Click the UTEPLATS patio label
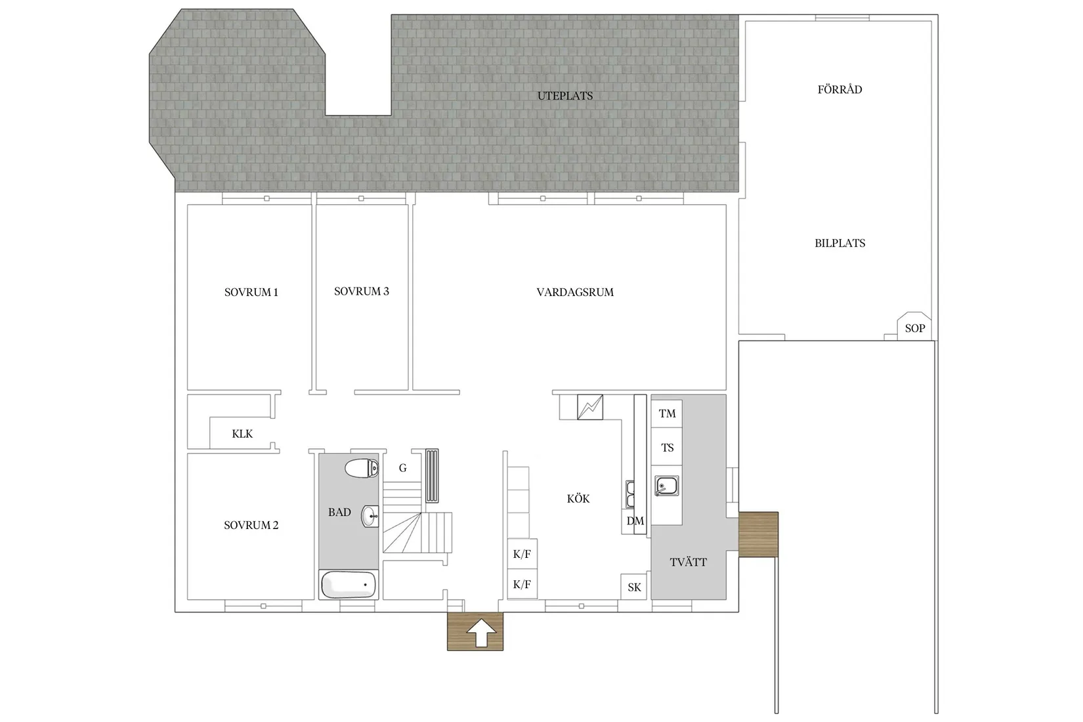coord(564,96)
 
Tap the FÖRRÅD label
coord(839,89)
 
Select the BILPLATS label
coord(839,244)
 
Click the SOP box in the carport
coord(914,326)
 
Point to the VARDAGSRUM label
coord(575,292)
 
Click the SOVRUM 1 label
coord(251,292)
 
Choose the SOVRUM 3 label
coord(361,291)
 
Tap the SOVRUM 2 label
coord(251,525)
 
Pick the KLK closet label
coord(242,434)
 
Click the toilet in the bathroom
coord(362,468)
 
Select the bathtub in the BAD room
coord(348,584)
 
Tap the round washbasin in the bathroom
coord(370,516)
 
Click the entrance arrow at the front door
coord(482,633)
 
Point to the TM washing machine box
coord(667,414)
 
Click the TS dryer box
coord(667,448)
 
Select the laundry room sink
coord(667,486)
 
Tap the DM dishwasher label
coord(635,521)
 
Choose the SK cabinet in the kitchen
coord(634,587)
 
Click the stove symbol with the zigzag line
coord(590,407)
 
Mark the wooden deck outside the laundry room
coord(759,534)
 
